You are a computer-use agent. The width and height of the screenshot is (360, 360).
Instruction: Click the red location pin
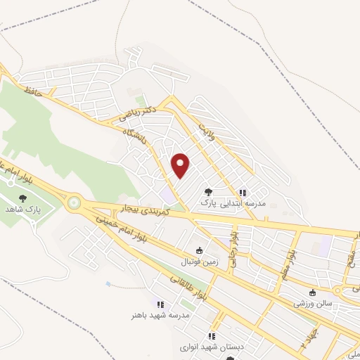(181, 165)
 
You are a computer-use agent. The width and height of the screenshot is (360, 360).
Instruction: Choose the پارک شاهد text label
(29, 210)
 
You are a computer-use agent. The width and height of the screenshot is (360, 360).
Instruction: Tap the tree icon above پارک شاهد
(22, 198)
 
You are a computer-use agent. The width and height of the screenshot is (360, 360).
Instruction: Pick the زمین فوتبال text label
(201, 262)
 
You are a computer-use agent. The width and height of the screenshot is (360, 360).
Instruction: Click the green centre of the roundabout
(73, 203)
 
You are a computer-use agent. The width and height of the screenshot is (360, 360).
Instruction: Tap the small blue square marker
(108, 284)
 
